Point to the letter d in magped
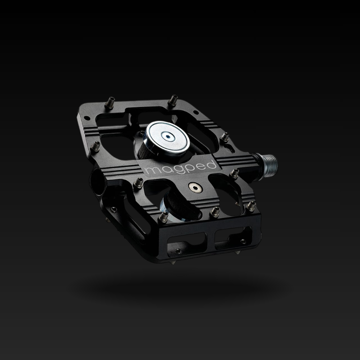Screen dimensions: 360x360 tap(211, 165)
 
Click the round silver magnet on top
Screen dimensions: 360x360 tap(166, 139)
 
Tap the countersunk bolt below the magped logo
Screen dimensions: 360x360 tap(195, 188)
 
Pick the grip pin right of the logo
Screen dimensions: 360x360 tap(234, 173)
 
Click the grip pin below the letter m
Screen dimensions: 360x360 tap(138, 183)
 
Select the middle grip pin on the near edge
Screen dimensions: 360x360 tap(215, 212)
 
